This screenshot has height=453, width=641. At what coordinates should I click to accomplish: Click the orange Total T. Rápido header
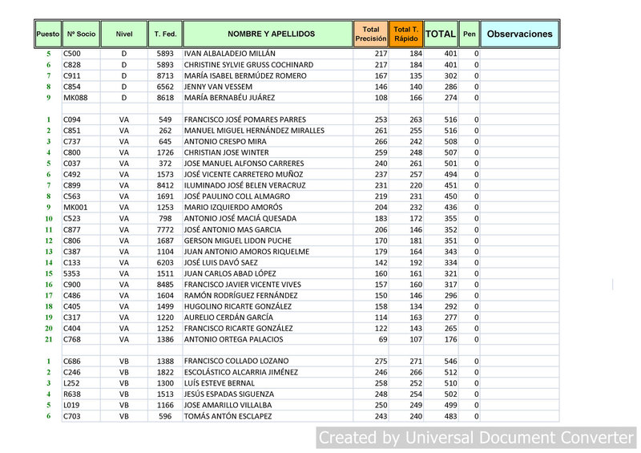406,34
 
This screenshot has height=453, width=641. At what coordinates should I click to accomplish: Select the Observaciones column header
519,34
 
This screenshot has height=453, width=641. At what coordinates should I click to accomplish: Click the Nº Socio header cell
81,34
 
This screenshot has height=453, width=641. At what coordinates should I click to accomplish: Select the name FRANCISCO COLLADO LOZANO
236,362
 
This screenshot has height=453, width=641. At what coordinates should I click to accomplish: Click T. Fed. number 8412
165,185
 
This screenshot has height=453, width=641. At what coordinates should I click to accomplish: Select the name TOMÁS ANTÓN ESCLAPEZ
228,416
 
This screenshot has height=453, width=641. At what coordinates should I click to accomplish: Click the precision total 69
381,339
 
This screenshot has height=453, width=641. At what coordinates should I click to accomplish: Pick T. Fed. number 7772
165,229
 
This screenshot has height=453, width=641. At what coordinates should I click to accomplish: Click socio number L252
72,383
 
